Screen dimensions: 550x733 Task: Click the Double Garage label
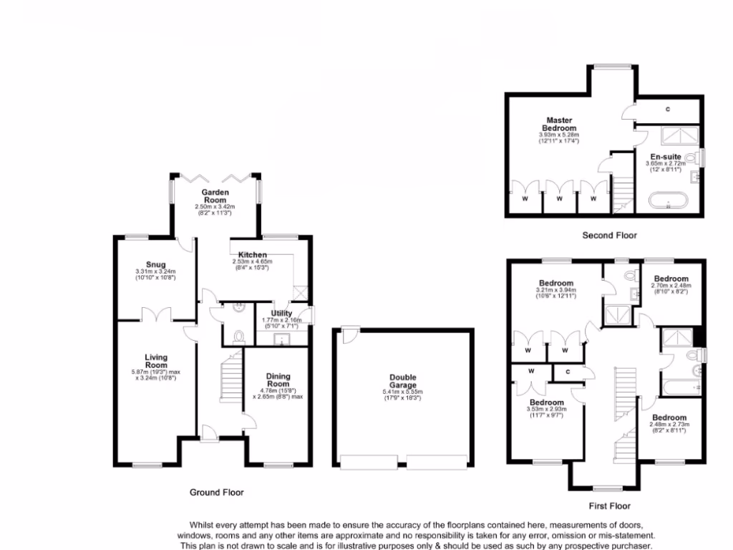[402, 381]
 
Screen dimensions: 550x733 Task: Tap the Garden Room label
[214, 196]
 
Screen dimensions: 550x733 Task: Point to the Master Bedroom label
[559, 124]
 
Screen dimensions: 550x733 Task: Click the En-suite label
[665, 155]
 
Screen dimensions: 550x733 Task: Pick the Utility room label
[281, 313]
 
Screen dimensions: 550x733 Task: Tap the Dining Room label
[278, 380]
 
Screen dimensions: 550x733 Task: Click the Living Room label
[155, 361]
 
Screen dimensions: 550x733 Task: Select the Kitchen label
[253, 255]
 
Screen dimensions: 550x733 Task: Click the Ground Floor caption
[216, 492]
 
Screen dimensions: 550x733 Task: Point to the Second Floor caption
[608, 235]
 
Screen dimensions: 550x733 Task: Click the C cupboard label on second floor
[667, 109]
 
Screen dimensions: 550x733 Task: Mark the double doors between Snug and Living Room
[156, 314]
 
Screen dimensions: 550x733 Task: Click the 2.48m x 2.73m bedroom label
[669, 418]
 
